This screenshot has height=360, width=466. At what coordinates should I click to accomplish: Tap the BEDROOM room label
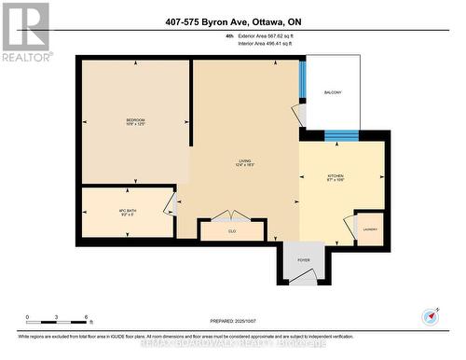coord(136,121)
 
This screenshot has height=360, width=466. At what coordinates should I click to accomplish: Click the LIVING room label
coord(245,160)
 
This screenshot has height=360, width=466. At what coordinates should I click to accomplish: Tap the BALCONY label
coord(333,92)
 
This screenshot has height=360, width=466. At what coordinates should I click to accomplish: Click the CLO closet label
coord(232,228)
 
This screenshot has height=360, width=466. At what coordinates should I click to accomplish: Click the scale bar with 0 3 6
coord(58,323)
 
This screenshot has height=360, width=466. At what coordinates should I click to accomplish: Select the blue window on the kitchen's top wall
coord(341,135)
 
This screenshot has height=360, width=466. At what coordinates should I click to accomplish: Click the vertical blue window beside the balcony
coord(302,82)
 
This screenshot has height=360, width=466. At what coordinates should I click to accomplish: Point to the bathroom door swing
coord(170,203)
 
